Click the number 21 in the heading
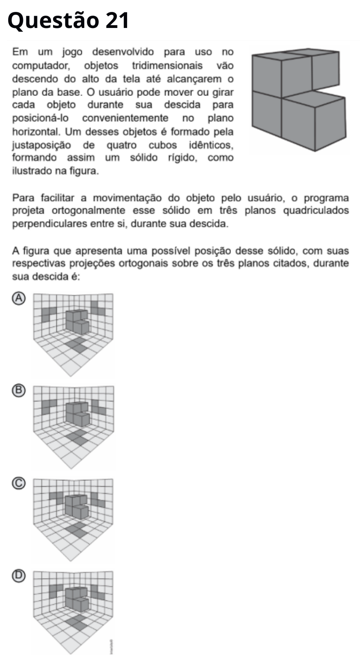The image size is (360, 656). pos(117,21)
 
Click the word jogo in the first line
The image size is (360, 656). pos(72,52)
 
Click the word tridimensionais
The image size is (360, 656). pos(167,66)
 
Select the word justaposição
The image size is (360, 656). pos(41,146)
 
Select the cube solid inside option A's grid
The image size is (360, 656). pos(78,321)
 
